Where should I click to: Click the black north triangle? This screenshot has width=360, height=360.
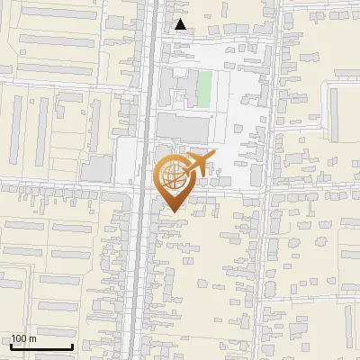181,24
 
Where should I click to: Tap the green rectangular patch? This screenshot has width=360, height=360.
204,88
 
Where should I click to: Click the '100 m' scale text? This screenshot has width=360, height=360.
23,338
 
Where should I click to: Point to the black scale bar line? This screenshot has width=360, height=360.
41,347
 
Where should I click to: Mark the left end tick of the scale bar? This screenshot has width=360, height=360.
11,346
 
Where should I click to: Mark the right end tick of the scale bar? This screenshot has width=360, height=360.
73,346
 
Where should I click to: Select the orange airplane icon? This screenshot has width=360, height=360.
196,164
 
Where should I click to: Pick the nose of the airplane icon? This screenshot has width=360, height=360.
212,157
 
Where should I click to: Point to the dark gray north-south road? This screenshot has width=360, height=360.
143,270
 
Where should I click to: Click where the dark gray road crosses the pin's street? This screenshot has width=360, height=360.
144,189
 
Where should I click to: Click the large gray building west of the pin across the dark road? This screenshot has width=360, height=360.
97,168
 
